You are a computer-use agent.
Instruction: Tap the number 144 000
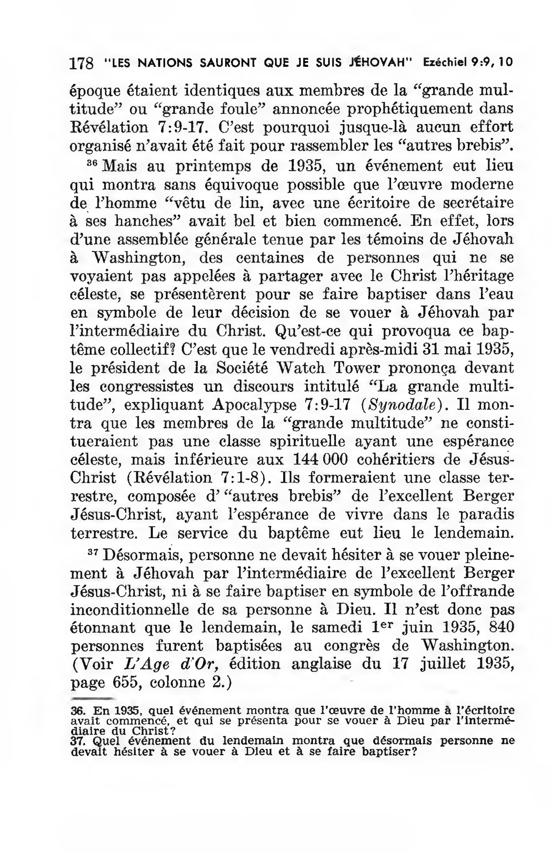click(x=320, y=460)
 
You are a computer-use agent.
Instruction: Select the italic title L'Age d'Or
click(x=171, y=664)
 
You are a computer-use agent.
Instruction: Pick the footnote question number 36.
click(x=76, y=710)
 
